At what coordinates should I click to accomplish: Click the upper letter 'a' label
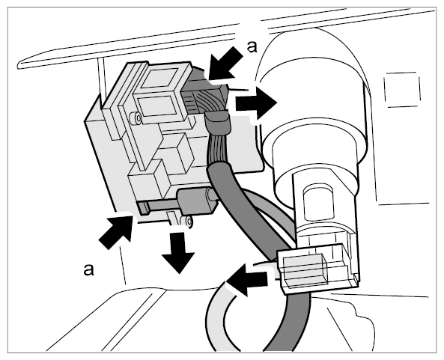[252, 47]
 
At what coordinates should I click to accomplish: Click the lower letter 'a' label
[88, 269]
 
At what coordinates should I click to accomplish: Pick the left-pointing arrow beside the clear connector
[247, 280]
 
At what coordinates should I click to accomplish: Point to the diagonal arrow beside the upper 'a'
[225, 64]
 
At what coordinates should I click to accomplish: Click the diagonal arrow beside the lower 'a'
[116, 231]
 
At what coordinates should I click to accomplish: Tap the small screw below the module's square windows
[136, 118]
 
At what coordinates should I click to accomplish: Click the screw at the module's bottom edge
[187, 222]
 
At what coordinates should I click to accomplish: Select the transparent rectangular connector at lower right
[316, 269]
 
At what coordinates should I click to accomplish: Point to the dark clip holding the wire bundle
[219, 122]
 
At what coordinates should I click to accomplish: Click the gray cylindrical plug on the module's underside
[196, 201]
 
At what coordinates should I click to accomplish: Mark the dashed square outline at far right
[402, 90]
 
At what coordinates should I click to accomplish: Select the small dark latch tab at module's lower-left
[144, 208]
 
